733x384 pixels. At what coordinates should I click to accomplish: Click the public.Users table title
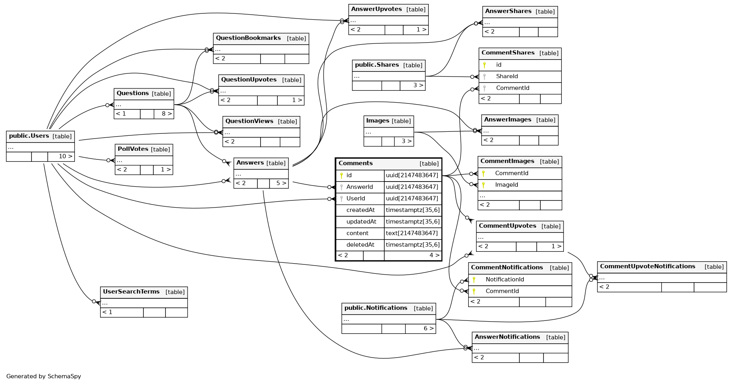point(29,136)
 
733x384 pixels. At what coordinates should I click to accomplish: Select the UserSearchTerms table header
point(131,292)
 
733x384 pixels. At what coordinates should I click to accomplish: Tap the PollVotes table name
point(133,149)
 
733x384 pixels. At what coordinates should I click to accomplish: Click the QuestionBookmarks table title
point(248,38)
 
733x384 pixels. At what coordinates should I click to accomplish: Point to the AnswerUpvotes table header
point(376,9)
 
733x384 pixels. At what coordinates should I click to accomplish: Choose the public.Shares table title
point(377,65)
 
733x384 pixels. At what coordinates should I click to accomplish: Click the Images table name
point(378,121)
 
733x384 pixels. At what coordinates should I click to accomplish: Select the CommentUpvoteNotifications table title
point(647,266)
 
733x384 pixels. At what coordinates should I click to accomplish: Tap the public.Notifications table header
point(376,308)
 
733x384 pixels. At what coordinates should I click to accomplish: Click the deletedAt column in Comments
point(360,245)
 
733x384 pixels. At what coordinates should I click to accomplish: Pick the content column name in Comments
point(357,233)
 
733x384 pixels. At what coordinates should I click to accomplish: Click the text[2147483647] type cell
point(412,233)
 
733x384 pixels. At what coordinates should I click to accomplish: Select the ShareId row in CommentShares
point(507,76)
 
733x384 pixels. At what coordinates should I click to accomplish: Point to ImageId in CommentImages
point(506,185)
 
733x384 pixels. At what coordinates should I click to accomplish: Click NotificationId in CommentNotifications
point(505,279)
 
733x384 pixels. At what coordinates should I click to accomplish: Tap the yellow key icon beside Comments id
point(341,175)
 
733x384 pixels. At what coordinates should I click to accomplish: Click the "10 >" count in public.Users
point(65,156)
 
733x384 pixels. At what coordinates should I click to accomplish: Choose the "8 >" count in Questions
point(166,114)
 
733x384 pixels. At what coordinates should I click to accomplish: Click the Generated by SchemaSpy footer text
point(44,376)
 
